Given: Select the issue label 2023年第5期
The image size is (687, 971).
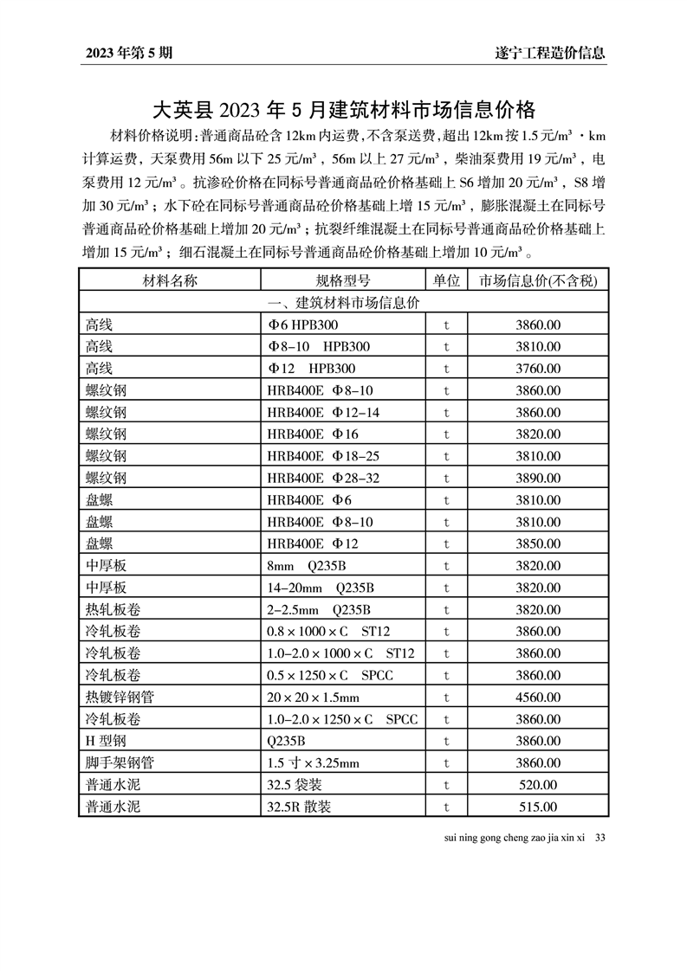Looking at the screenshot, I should (x=129, y=53).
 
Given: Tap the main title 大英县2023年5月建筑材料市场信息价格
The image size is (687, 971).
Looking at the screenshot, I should (x=344, y=110).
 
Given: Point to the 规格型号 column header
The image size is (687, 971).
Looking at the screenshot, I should (x=343, y=280).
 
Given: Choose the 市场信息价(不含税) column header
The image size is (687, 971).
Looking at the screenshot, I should (x=538, y=280).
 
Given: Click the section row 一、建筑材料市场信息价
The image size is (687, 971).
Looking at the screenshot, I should (x=344, y=303).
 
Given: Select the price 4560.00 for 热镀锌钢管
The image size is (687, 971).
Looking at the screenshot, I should (x=538, y=697).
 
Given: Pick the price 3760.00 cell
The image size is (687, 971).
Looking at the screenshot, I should (x=538, y=369).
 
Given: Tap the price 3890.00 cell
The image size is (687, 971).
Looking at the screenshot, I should (x=538, y=478).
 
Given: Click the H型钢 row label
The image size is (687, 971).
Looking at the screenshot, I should (x=106, y=741).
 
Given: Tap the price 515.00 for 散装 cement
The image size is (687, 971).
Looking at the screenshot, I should (x=538, y=807).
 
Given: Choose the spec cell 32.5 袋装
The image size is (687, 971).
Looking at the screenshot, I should (x=300, y=785).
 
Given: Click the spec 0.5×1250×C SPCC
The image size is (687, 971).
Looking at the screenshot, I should (x=330, y=675).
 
